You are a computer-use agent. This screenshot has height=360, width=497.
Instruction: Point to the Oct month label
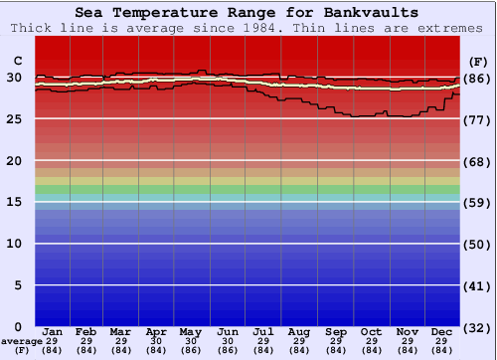pos(371,331)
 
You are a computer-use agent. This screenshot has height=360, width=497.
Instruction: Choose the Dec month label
pos(442,331)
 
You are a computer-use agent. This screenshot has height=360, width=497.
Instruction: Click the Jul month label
pos(263,331)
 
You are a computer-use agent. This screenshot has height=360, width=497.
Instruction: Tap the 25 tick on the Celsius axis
pos(15,119)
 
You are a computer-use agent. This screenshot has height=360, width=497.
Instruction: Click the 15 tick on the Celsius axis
pos(15,202)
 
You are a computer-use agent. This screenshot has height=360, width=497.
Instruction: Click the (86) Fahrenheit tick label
pos(477,79)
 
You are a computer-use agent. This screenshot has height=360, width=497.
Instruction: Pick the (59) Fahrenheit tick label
pos(477,203)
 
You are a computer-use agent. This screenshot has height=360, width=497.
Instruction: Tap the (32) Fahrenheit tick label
pos(477,327)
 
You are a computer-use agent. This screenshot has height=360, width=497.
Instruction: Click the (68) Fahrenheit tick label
pos(477,161)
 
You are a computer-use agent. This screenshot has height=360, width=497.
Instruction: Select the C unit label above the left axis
pos(17,60)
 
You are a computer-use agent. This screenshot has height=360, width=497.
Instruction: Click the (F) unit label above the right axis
pos(477,61)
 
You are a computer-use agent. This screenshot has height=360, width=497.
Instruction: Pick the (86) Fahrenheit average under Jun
pos(228,350)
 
